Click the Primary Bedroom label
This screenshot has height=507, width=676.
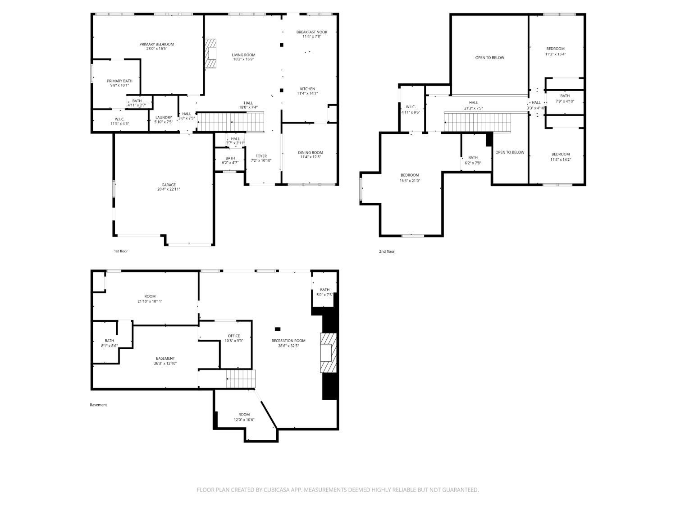pyautogui.click(x=156, y=44)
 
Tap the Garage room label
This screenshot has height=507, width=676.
pyautogui.click(x=169, y=185)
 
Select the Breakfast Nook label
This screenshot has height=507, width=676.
pyautogui.click(x=312, y=32)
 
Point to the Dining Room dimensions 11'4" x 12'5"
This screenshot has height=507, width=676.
pyautogui.click(x=311, y=157)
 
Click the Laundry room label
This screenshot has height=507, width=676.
pyautogui.click(x=164, y=117)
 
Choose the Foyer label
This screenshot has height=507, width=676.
pyautogui.click(x=261, y=156)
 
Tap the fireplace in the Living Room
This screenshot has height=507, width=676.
pyautogui.click(x=211, y=53)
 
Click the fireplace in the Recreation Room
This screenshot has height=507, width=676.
pyautogui.click(x=328, y=353)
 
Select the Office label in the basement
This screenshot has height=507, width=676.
pyautogui.click(x=234, y=336)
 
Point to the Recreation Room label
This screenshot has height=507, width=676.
pyautogui.click(x=288, y=341)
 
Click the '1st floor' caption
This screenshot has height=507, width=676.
pyautogui.click(x=121, y=251)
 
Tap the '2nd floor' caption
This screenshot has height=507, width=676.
pyautogui.click(x=387, y=251)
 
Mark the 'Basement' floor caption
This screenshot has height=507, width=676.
pyautogui.click(x=98, y=405)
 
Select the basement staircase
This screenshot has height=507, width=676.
pyautogui.click(x=241, y=379)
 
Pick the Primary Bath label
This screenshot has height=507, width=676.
pyautogui.click(x=119, y=81)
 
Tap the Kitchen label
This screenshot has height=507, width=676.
pyautogui.click(x=307, y=89)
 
